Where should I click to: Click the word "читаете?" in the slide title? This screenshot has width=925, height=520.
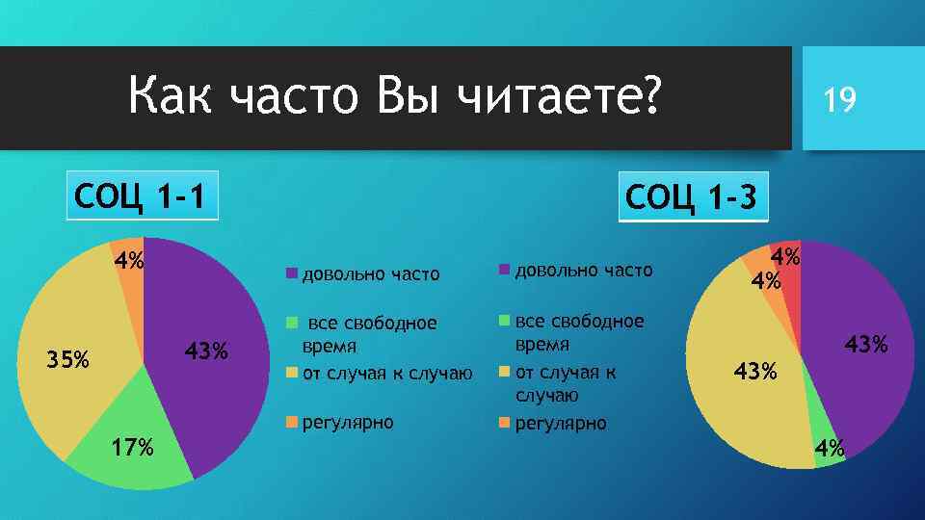click(559, 97)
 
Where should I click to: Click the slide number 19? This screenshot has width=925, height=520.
click(838, 98)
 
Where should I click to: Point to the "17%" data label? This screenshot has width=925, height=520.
click(132, 448)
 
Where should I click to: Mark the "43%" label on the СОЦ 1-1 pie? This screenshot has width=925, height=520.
click(206, 351)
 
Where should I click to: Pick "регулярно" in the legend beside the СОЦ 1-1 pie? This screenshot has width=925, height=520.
click(347, 422)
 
